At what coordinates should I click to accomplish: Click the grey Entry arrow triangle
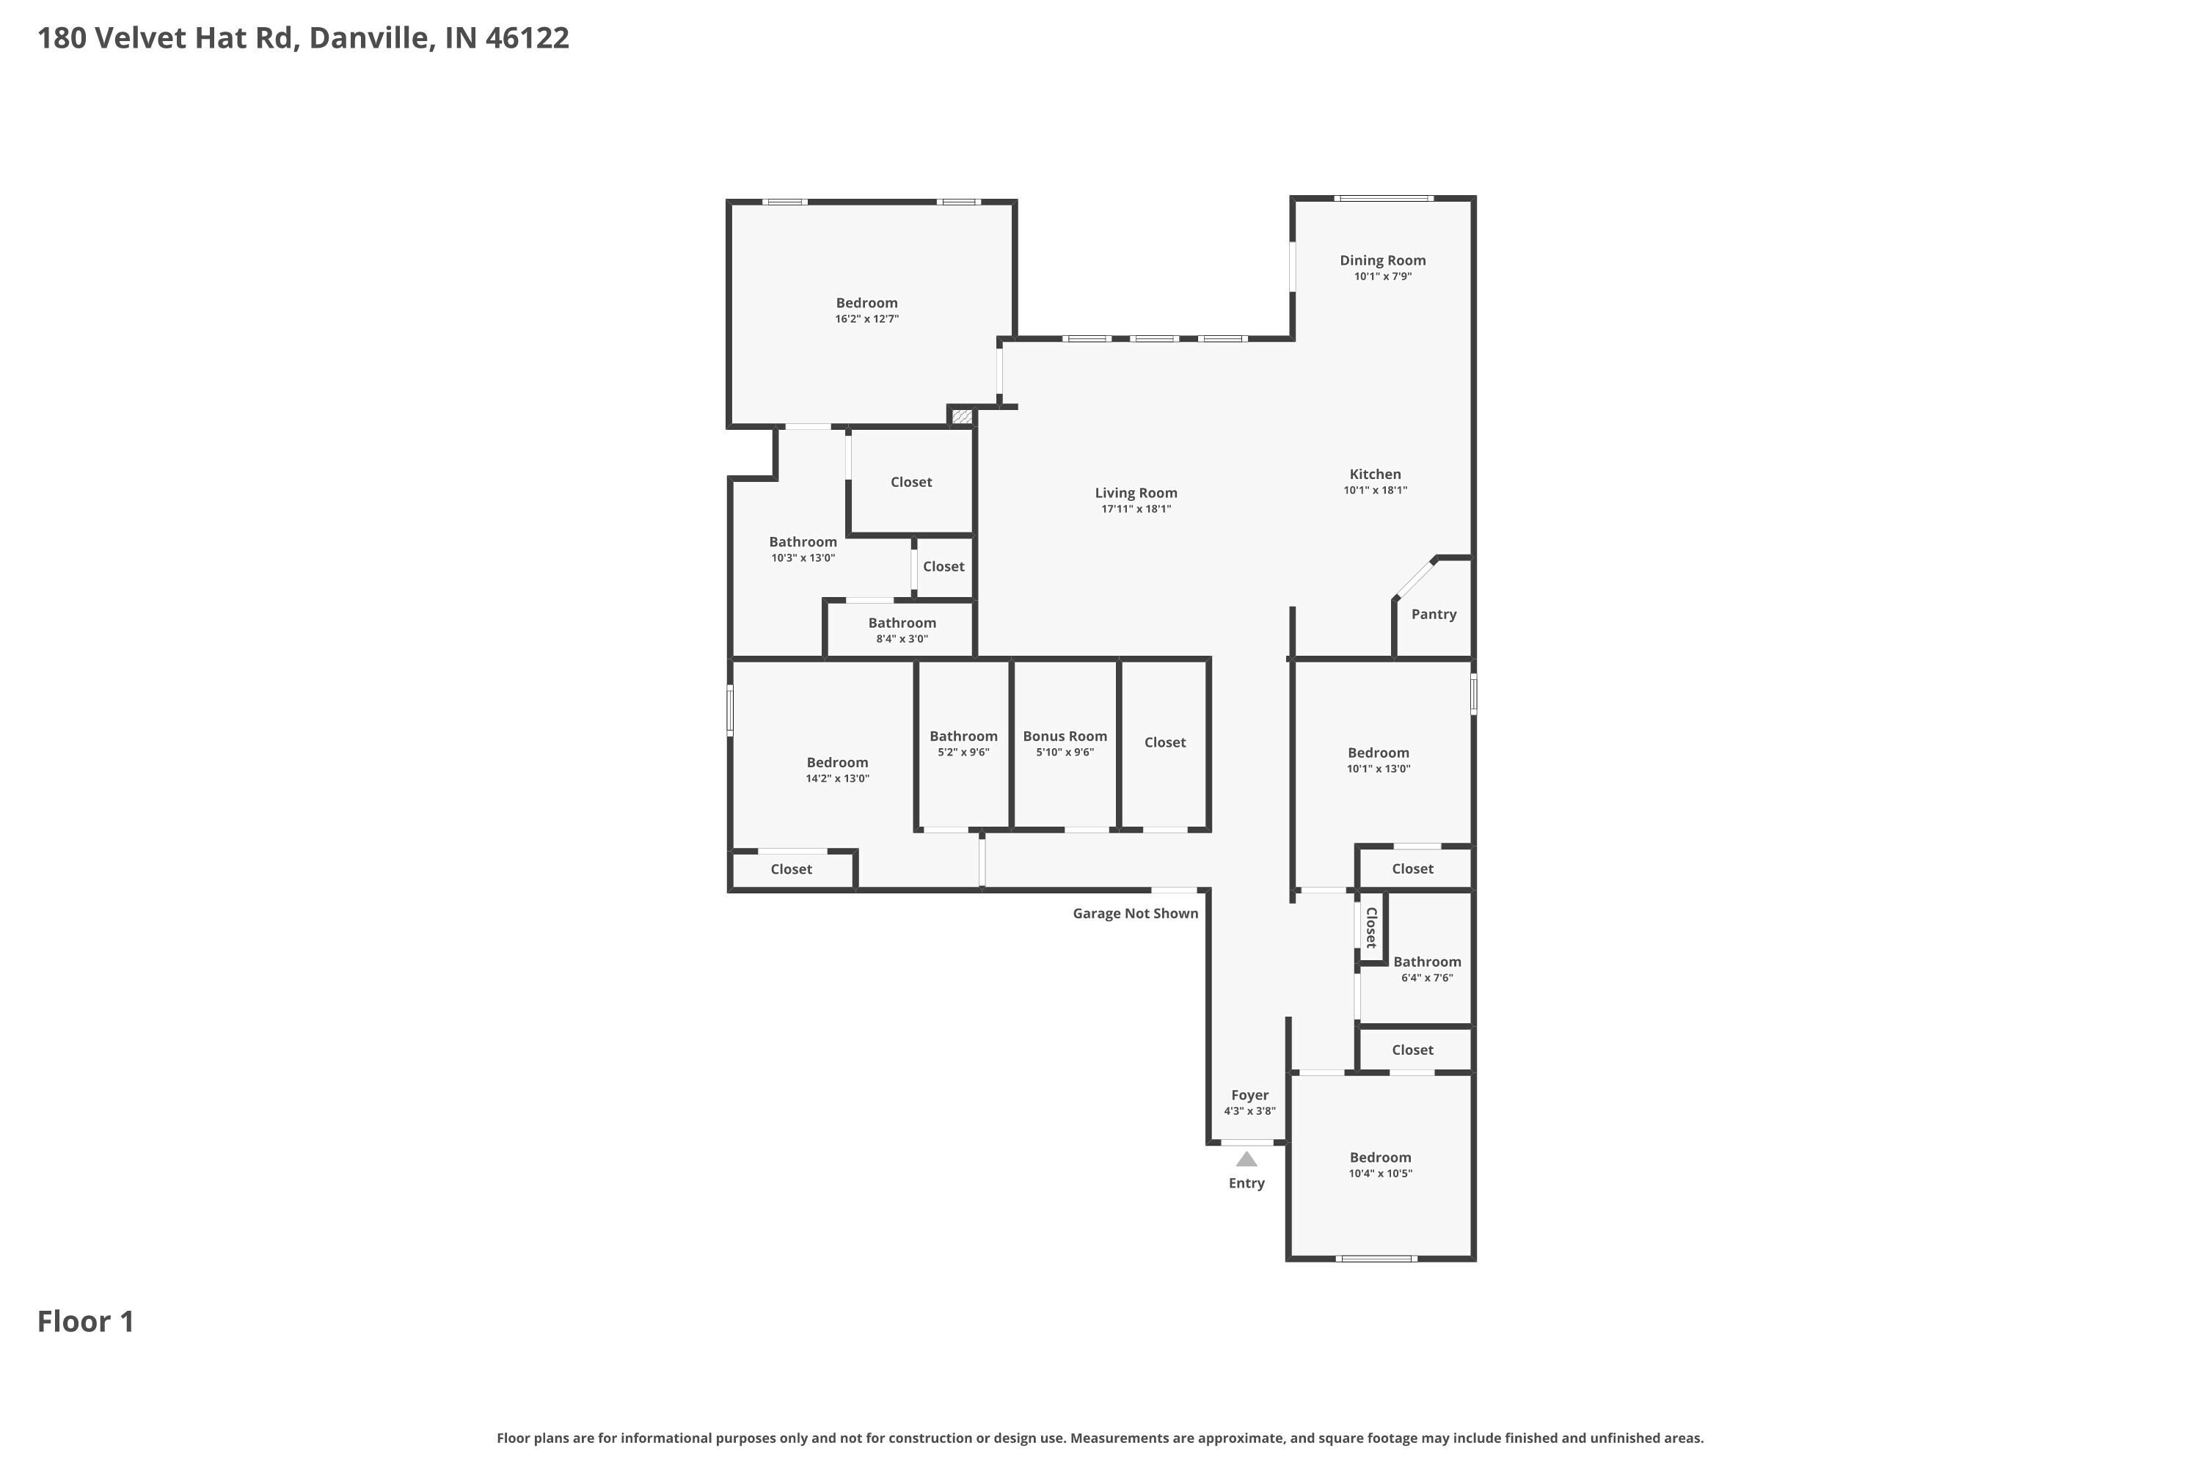click(1246, 1159)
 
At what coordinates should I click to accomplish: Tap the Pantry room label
click(1434, 615)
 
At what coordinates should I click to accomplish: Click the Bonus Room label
click(1065, 736)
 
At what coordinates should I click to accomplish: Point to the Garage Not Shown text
click(1135, 913)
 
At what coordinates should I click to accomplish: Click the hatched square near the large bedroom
click(962, 417)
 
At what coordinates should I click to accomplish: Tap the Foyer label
click(1249, 1096)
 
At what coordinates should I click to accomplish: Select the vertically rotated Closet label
click(1371, 928)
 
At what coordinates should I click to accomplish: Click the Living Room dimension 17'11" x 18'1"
click(1136, 509)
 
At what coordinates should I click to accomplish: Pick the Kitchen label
click(1375, 475)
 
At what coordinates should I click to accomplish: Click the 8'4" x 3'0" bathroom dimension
click(902, 639)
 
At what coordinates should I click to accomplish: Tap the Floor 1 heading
click(86, 1322)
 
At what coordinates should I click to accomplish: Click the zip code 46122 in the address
click(527, 38)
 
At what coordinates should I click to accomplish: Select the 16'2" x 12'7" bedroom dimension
click(866, 319)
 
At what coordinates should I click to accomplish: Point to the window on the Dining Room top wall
click(1383, 198)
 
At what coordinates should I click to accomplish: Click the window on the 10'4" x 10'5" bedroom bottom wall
click(1376, 1259)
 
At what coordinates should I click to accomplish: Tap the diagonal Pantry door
click(1414, 578)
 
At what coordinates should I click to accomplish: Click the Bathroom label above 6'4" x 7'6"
click(1427, 962)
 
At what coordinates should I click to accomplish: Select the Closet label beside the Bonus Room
click(1165, 743)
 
